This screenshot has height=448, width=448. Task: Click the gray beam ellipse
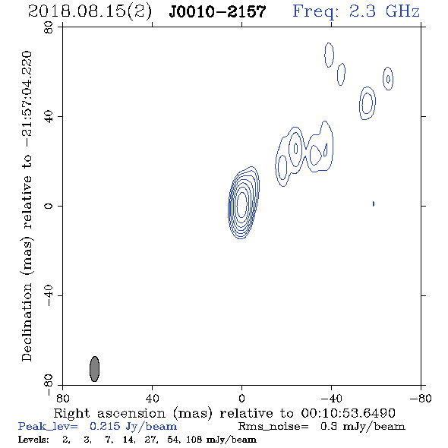[95, 369]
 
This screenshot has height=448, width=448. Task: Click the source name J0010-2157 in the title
[217, 11]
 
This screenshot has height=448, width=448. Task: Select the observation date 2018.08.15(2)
[90, 12]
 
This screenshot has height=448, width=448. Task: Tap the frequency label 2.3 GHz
[384, 11]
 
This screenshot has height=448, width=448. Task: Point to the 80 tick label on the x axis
[62, 399]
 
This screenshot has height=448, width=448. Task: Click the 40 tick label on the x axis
[152, 399]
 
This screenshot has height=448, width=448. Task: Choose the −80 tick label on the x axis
[420, 399]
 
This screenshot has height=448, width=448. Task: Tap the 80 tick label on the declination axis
[49, 28]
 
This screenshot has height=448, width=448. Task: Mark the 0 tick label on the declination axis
[49, 206]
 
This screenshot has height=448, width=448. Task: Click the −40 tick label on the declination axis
[49, 295]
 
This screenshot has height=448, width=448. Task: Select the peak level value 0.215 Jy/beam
[133, 427]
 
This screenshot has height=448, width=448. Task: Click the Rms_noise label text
[273, 427]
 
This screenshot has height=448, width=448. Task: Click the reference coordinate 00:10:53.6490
[348, 413]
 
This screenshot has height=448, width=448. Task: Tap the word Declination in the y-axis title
[27, 322]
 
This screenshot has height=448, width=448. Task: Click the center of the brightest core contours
[241, 204]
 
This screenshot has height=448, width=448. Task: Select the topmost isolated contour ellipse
[329, 55]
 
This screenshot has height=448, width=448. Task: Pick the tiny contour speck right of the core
[373, 203]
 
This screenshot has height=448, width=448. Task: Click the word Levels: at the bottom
[33, 440]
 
